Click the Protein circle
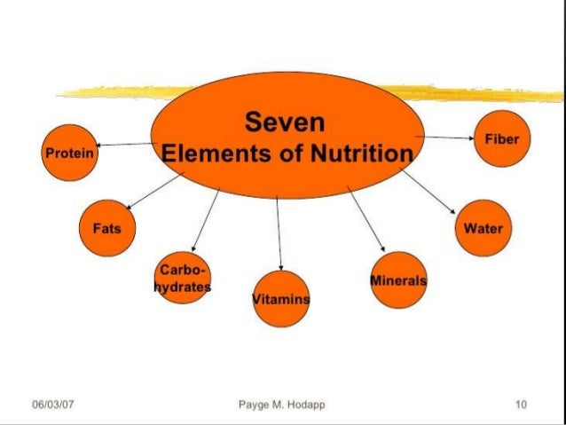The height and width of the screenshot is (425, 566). point(69,152)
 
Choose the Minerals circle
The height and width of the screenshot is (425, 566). point(397,280)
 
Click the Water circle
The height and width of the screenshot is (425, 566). point(483,228)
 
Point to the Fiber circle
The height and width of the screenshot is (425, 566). point(501,139)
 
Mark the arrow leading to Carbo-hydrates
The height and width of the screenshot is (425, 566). point(205,221)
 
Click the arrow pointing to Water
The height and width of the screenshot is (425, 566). point(428,191)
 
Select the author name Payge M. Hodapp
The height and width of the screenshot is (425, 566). point(282,405)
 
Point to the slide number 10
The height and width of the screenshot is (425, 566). point(520,405)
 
